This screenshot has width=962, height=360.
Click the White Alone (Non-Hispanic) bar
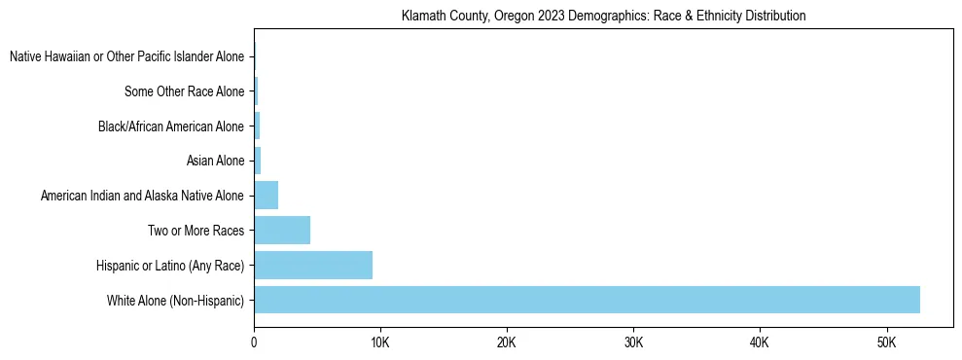587,300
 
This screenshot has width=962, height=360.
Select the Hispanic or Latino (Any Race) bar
313,265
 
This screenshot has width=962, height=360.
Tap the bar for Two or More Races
282,231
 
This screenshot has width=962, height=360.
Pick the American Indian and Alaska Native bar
267,196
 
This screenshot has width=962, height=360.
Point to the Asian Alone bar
258,161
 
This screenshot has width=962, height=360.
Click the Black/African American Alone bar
257,126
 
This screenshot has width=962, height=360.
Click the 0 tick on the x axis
254,342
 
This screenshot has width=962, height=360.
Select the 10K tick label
380,342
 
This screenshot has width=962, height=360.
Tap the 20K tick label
507,342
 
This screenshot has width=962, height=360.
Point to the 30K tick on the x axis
633,342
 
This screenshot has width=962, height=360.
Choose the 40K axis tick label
760,342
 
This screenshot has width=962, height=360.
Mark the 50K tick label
886,342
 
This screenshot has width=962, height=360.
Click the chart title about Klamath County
603,17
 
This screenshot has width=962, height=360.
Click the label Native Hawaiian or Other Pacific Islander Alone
126,57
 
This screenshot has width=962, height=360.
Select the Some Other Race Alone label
184,92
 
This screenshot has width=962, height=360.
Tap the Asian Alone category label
215,162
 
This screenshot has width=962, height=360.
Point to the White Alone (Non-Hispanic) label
175,301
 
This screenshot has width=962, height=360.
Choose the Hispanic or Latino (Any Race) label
170,266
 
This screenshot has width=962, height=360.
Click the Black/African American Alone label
171,126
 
